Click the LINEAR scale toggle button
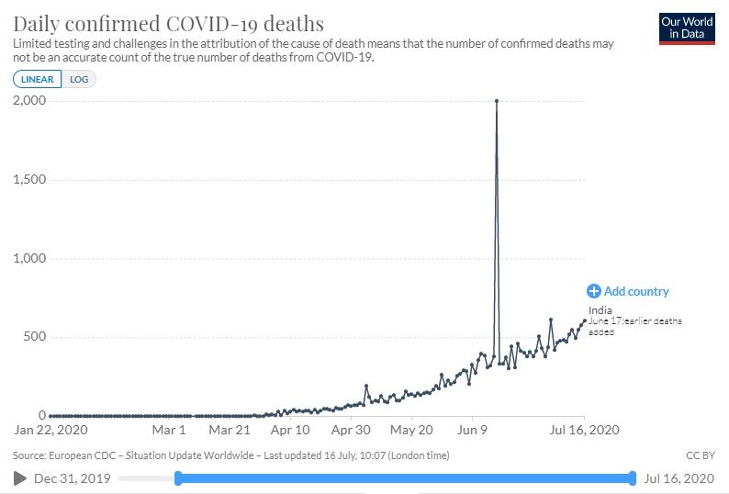38,79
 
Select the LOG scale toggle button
79,79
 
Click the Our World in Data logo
687,28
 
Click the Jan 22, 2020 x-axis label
51,429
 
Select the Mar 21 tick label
230,429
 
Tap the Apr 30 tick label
350,429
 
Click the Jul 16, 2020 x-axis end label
585,429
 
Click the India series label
600,310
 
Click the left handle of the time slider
177,477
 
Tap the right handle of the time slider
633,477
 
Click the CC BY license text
700,455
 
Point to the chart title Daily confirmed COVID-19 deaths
169,22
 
